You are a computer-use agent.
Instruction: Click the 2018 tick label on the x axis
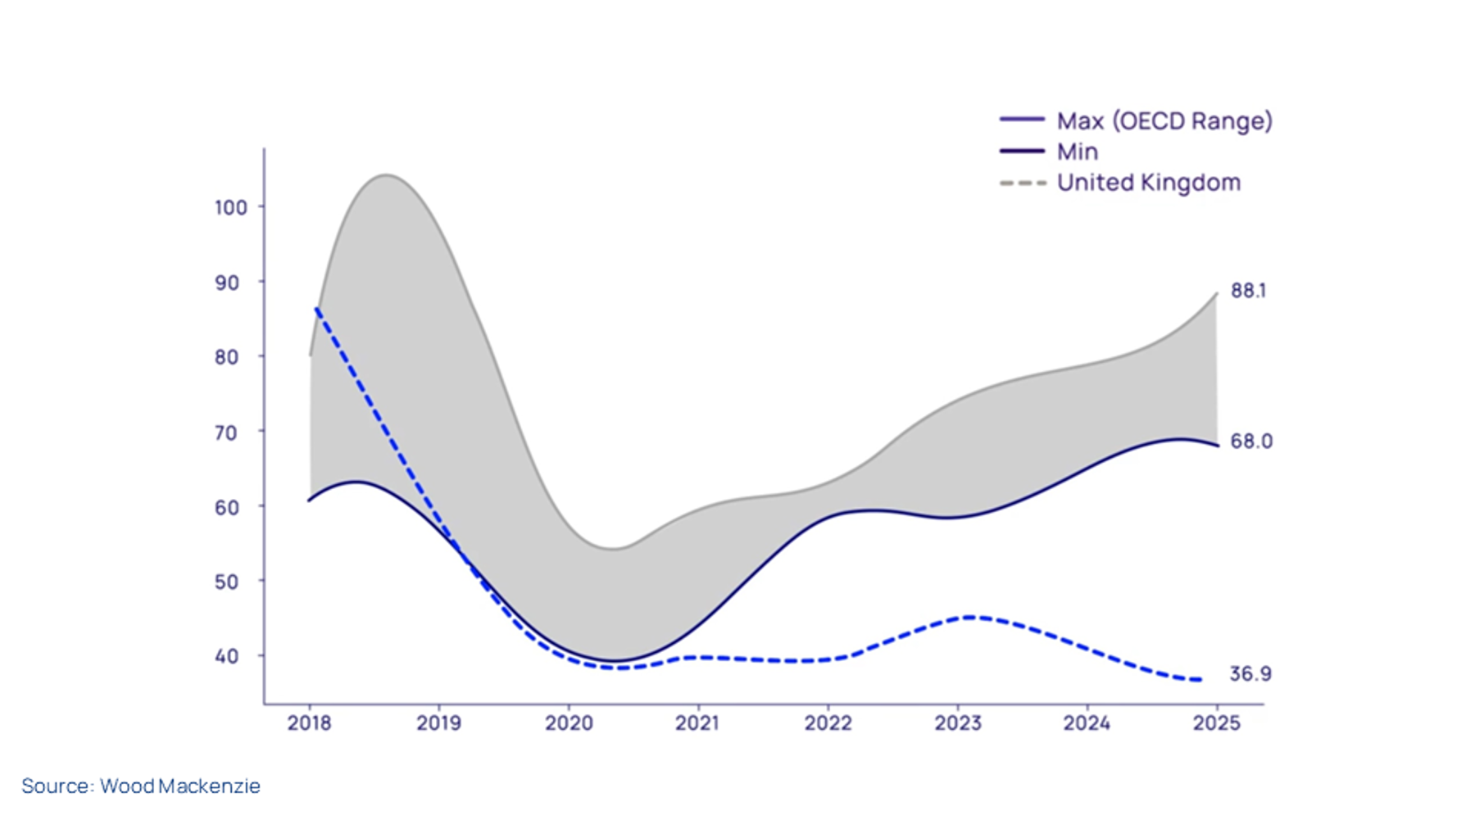[309, 723]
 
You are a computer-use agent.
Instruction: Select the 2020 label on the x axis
[569, 723]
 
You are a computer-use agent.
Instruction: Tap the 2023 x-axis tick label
[957, 723]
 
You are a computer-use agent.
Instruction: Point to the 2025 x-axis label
[1216, 723]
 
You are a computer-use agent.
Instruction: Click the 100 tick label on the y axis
[230, 208]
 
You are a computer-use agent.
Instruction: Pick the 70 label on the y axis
[226, 433]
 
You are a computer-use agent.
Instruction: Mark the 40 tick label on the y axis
[226, 656]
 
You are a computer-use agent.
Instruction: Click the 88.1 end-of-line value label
[1248, 291]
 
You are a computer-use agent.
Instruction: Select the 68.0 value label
[1250, 442]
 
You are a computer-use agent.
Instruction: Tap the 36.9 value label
[1250, 674]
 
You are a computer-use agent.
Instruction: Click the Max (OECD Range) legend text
[1164, 121]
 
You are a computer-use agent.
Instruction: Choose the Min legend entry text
[1077, 152]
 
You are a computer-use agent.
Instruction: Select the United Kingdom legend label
[1148, 182]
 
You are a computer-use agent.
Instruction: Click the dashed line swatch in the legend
[1023, 183]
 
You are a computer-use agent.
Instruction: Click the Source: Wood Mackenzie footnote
[141, 786]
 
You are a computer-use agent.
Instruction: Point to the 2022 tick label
[828, 723]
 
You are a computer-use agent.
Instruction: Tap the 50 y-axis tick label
[226, 582]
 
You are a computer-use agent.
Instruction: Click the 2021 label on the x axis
[697, 723]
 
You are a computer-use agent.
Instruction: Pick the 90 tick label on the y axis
[226, 283]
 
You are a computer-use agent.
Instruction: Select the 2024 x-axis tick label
[1087, 723]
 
